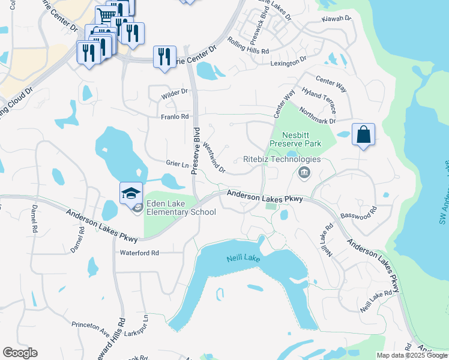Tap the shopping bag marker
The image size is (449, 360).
pos(364,134)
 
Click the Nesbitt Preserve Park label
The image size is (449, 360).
pos(295,139)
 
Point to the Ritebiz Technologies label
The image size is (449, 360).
pos(282,160)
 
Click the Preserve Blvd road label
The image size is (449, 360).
pos(195,151)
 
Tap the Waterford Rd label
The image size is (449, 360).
pos(139,253)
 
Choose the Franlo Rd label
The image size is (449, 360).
pos(175,116)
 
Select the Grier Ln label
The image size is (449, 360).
pos(177,163)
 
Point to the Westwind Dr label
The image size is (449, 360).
pos(214,157)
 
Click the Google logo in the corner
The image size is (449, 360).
pos(20,353)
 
